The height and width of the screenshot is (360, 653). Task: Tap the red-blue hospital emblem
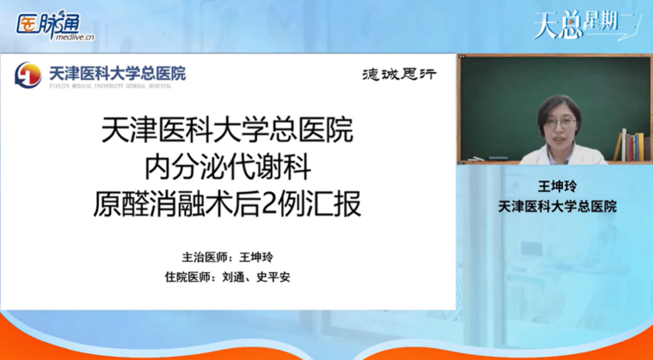(x=28, y=74)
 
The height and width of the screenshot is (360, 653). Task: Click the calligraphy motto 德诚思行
(x=398, y=74)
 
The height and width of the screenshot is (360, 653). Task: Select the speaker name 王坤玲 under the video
(x=557, y=186)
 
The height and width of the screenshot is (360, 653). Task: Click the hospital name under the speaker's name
(x=557, y=206)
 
